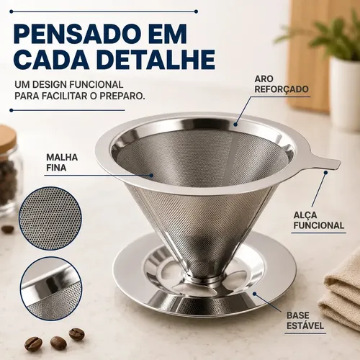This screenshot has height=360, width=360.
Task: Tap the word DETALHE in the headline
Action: [158, 59]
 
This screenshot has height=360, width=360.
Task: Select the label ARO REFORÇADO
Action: [282, 84]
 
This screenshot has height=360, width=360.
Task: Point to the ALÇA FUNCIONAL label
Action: [319, 220]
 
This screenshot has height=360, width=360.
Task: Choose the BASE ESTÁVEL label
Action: [305, 320]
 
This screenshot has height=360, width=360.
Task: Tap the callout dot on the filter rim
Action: [235, 125]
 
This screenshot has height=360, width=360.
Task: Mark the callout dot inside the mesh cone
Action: [151, 175]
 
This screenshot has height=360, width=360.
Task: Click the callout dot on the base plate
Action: [255, 294]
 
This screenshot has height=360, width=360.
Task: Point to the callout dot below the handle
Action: [325, 172]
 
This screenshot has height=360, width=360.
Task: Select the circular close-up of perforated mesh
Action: [50, 218]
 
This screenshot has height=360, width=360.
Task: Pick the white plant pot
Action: [345, 94]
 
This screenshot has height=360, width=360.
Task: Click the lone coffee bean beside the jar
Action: [8, 229]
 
